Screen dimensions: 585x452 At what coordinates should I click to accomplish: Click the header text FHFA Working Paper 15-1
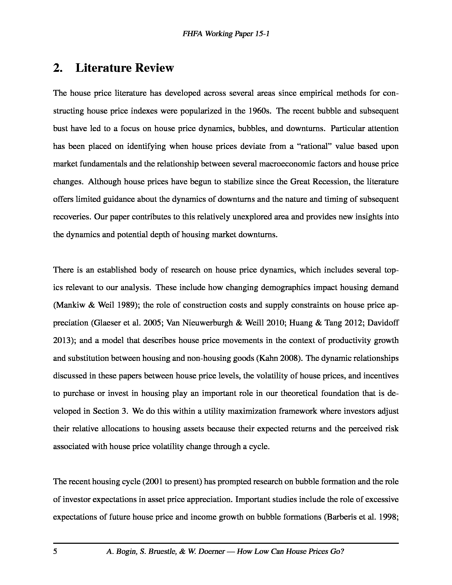point(225,34)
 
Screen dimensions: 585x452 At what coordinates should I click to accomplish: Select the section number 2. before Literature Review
point(58,68)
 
